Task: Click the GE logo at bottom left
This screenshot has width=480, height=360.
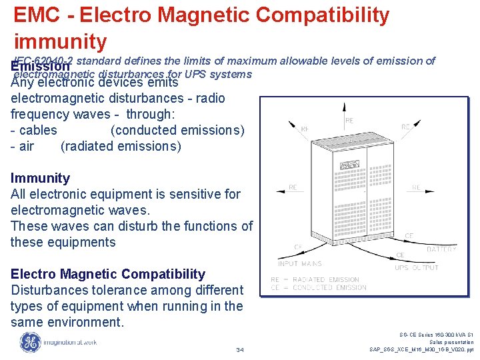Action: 31,343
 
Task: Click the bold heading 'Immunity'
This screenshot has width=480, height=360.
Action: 40,178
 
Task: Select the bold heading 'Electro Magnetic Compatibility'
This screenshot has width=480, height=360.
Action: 108,274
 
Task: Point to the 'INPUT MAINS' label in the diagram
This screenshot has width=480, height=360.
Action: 300,264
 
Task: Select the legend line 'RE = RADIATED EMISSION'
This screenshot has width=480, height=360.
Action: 315,279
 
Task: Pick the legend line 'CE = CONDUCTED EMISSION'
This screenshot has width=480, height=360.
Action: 318,287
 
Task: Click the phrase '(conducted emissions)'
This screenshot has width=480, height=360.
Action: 177,130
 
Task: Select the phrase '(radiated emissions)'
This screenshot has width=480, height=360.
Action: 121,146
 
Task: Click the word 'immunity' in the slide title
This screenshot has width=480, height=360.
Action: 60,41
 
